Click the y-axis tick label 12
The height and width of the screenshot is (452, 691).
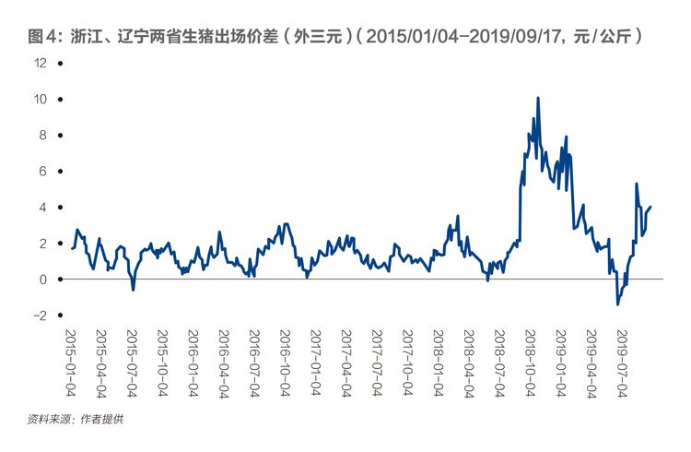point(41,63)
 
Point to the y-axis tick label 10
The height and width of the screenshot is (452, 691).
point(41,99)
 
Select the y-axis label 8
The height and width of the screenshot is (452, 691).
point(42,135)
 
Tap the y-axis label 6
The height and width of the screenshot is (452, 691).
point(42,172)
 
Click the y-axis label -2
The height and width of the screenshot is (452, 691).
point(40,315)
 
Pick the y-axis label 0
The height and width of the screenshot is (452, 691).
point(42,280)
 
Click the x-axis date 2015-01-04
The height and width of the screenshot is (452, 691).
point(71,363)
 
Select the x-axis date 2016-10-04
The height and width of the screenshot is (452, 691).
point(285,363)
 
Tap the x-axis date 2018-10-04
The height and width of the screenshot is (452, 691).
point(530,363)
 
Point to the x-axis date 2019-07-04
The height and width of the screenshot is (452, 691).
point(622,363)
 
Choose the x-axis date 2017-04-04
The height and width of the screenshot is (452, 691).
point(346,363)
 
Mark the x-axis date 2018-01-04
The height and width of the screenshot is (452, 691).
point(439,363)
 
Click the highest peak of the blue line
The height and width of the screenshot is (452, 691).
point(538,98)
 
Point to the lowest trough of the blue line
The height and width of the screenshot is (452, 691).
point(618,304)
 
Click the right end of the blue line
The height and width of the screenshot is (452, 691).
point(650,207)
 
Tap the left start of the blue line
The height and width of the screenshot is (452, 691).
point(72,248)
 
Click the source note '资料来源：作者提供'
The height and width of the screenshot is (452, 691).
point(76,420)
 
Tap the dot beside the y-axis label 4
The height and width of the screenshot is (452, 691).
point(61,207)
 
